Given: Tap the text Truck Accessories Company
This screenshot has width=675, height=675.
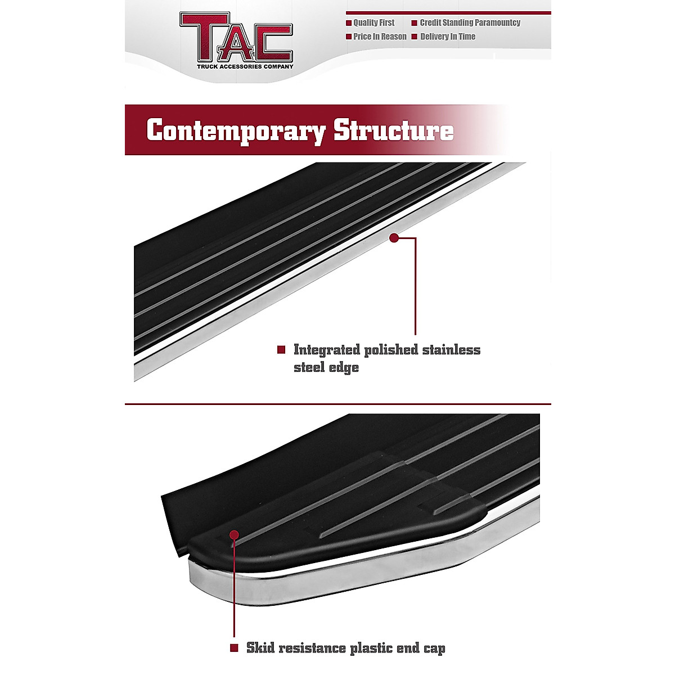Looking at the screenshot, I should pos(245,66).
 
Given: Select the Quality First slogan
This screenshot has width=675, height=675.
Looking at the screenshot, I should pos(373,22).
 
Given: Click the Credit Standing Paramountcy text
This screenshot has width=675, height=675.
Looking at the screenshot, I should pos(470,22).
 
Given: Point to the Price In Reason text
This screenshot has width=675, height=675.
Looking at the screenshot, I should pos(380,37).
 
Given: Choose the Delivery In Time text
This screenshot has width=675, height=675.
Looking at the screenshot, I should pos(448,37).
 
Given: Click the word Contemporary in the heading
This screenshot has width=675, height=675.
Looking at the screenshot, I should pos(236,131).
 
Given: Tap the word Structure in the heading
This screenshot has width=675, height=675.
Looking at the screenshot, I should pos(393,130).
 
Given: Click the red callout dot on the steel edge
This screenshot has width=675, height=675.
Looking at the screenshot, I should pos(394,238).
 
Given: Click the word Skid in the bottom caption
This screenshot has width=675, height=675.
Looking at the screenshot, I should pos(260,648).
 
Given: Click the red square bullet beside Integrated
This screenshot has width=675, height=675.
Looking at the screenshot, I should pos(281,350).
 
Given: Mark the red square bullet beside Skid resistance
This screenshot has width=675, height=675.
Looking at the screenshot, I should pos(234,648).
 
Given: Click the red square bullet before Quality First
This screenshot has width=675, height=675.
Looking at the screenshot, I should pos(349,23).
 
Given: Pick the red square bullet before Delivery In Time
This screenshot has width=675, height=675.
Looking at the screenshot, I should pos(415,37).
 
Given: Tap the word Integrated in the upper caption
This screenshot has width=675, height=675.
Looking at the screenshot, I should pos(327,350).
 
